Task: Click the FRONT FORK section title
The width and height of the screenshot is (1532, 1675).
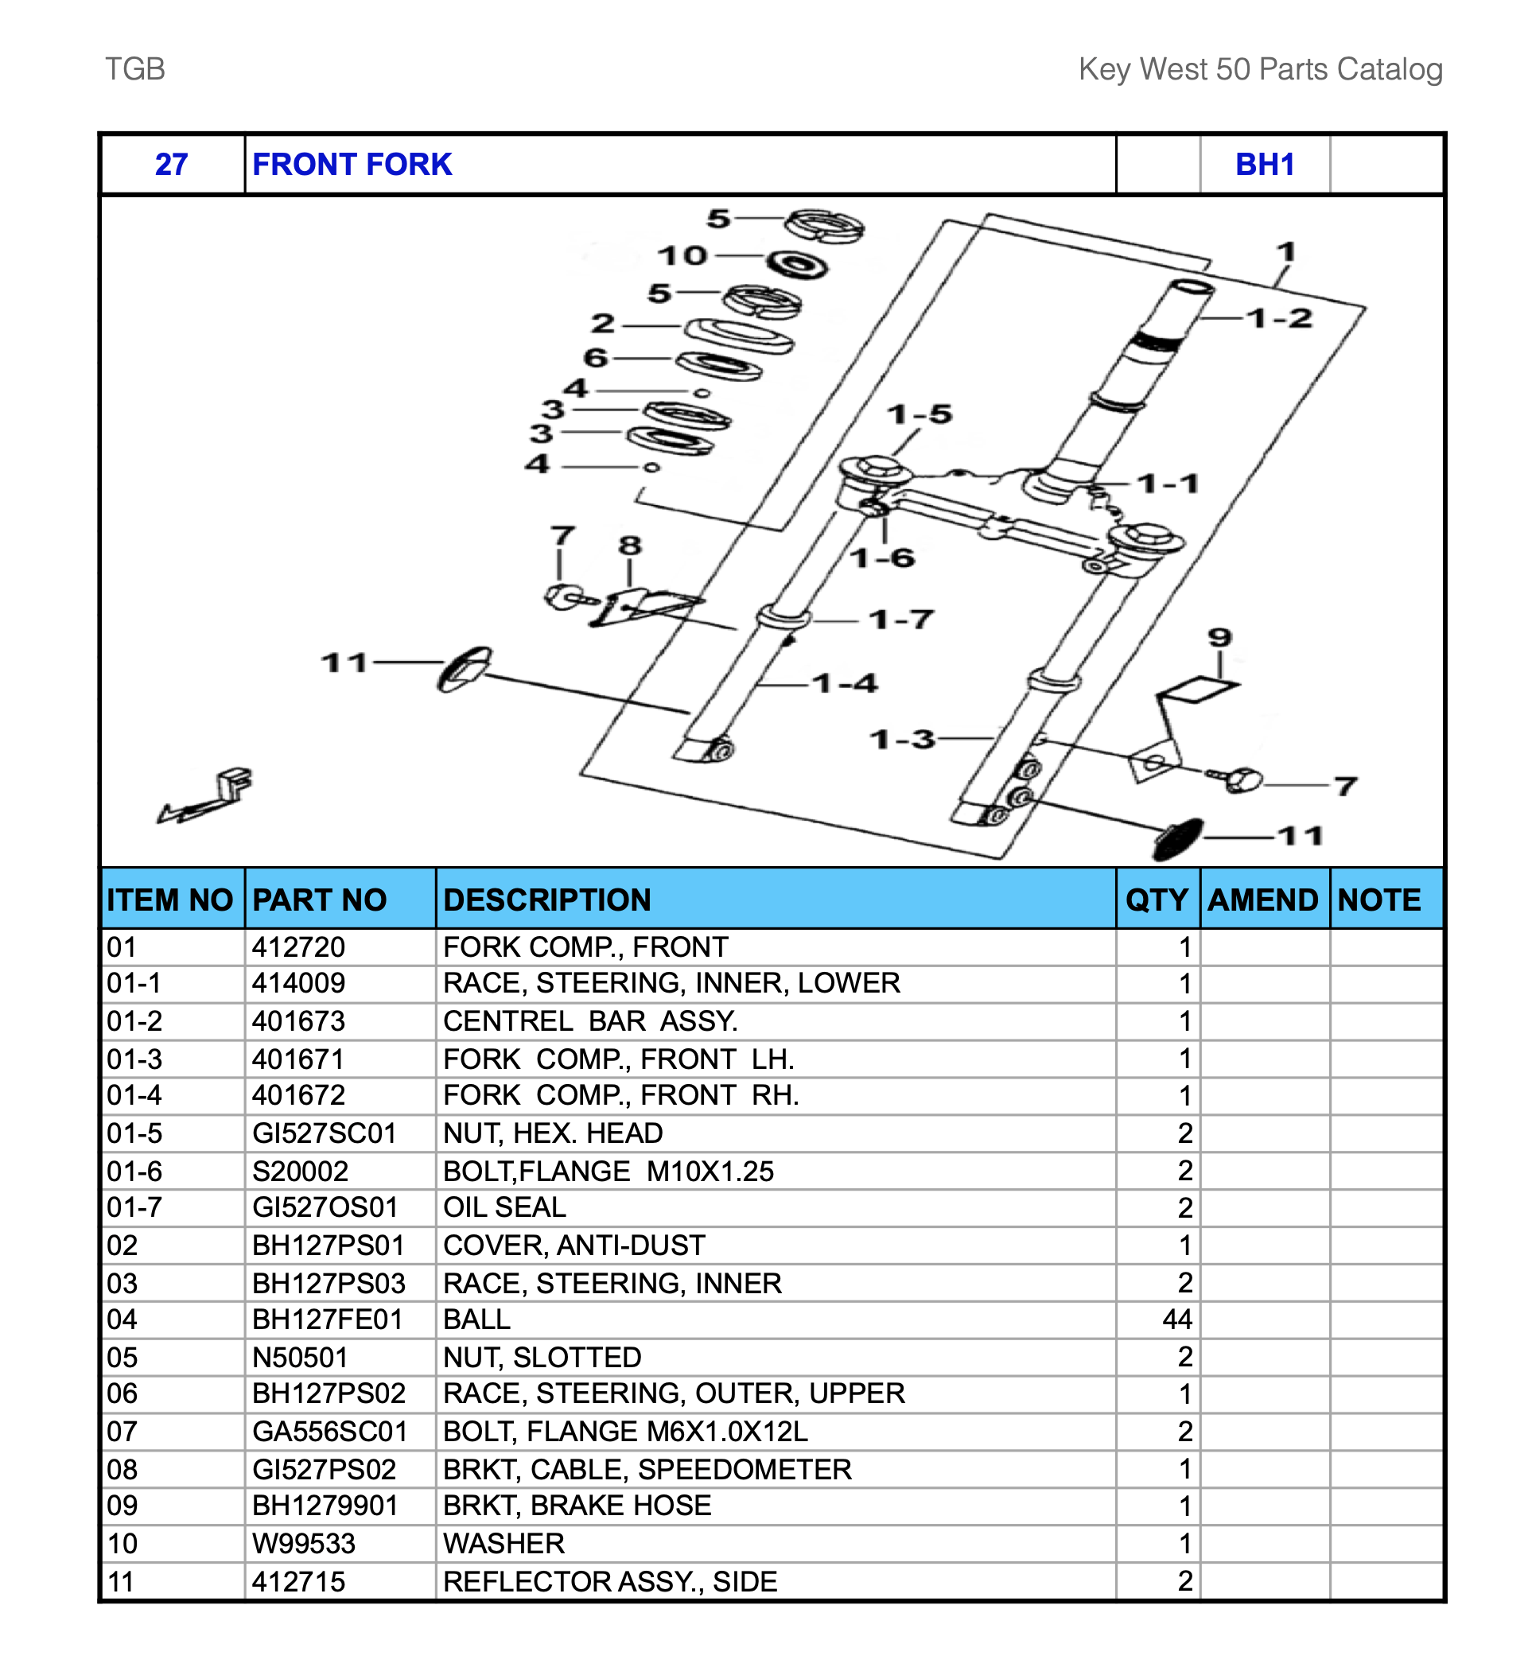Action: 352,165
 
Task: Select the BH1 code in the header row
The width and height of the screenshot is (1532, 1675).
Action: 1264,165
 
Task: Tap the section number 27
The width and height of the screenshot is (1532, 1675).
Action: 171,165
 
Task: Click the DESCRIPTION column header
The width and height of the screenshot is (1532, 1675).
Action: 546,900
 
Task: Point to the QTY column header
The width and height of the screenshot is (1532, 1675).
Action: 1157,900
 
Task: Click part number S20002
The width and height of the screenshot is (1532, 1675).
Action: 300,1172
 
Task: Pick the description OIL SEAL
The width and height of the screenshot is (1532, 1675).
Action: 504,1207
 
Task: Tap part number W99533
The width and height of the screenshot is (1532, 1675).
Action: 303,1544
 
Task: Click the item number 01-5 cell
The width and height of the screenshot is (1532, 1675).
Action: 134,1133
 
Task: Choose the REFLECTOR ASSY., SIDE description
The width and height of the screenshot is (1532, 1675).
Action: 610,1581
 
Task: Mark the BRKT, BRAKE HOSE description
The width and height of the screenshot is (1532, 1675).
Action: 577,1506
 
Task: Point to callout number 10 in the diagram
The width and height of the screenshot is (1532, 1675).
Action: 682,256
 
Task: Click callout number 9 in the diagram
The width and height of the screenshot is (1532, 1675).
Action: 1219,638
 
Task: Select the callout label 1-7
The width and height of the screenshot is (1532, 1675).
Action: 900,620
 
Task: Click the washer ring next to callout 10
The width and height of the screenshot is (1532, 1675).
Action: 797,265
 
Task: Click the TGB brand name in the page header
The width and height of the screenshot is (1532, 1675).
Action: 134,69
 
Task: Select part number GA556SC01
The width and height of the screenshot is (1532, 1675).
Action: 330,1432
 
